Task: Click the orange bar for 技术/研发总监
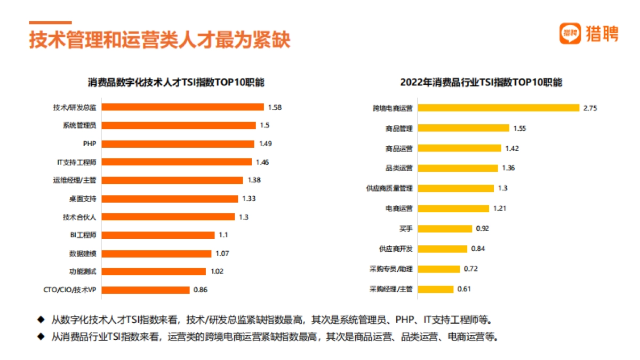tap(182, 107)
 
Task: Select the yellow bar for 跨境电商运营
tap(498, 108)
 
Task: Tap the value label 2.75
tap(590, 108)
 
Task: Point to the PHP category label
tap(89, 144)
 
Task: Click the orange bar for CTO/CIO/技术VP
tap(145, 290)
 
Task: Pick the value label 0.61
tap(464, 289)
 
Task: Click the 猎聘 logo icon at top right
tap(570, 34)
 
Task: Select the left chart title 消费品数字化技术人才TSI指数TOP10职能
tap(176, 83)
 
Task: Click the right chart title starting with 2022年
tap(481, 83)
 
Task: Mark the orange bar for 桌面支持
tap(170, 199)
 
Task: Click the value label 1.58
tap(275, 107)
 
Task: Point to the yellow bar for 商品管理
tap(463, 128)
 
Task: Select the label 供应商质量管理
tap(389, 188)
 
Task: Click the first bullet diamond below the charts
tap(40, 320)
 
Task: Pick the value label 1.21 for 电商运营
tap(499, 208)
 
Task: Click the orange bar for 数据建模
tap(156, 254)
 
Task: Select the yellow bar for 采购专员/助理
tap(438, 269)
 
